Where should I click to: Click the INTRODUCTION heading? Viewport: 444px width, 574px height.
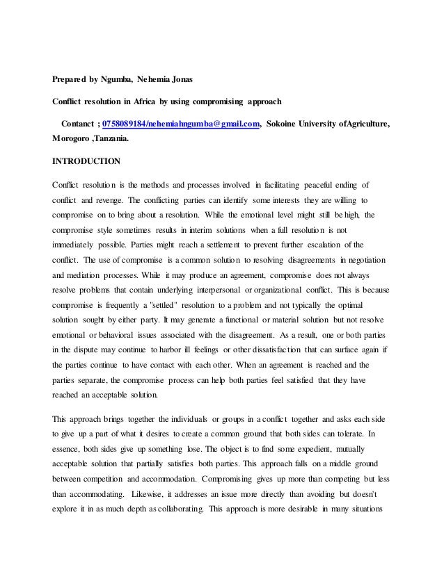pyautogui.click(x=86, y=161)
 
